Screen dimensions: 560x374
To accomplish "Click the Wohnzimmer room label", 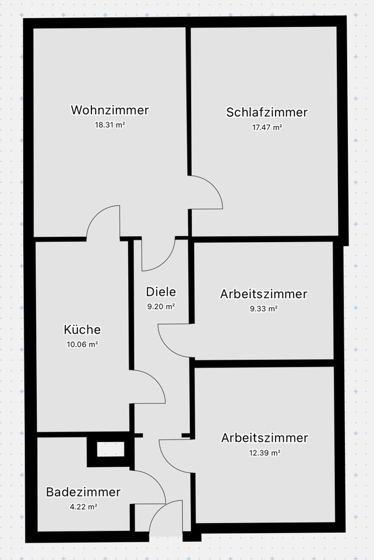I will point(110,110).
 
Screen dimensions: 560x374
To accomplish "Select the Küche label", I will point(82,330).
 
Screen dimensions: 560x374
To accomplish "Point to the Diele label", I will point(161,292).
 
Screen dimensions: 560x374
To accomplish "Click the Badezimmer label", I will point(83,492).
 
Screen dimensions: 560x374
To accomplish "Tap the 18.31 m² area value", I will point(110,124).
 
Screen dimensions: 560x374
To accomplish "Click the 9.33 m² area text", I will point(263,309).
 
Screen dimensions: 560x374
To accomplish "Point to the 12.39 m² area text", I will point(265,452).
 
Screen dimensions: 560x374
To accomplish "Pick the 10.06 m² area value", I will point(82,344).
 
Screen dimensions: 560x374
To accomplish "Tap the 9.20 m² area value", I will point(161,306).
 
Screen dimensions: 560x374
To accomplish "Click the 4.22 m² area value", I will point(83,507).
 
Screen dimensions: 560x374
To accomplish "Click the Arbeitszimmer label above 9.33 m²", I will point(263,294).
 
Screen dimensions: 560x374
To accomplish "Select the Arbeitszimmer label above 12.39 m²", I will point(265,437).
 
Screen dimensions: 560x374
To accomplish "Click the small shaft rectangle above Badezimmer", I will point(110,449).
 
